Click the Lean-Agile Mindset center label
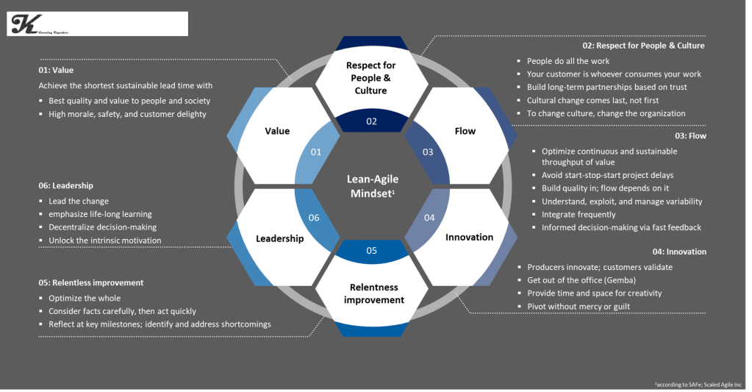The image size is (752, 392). click(x=371, y=185)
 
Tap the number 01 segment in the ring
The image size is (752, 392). click(x=316, y=152)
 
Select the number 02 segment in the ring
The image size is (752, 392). click(x=371, y=121)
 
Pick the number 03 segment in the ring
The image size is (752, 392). click(x=429, y=152)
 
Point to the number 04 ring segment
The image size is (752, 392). click(x=429, y=218)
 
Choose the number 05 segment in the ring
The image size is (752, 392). click(x=371, y=250)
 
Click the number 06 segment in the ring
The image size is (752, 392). click(x=314, y=218)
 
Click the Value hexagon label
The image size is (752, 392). click(x=277, y=131)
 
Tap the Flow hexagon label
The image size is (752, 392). click(x=465, y=131)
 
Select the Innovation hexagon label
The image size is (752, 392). click(x=469, y=237)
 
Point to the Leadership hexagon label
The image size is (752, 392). click(x=279, y=238)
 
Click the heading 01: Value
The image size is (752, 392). click(x=56, y=71)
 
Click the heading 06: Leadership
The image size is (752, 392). click(x=66, y=185)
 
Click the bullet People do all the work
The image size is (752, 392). click(x=568, y=61)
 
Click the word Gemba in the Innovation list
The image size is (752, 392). click(x=624, y=280)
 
